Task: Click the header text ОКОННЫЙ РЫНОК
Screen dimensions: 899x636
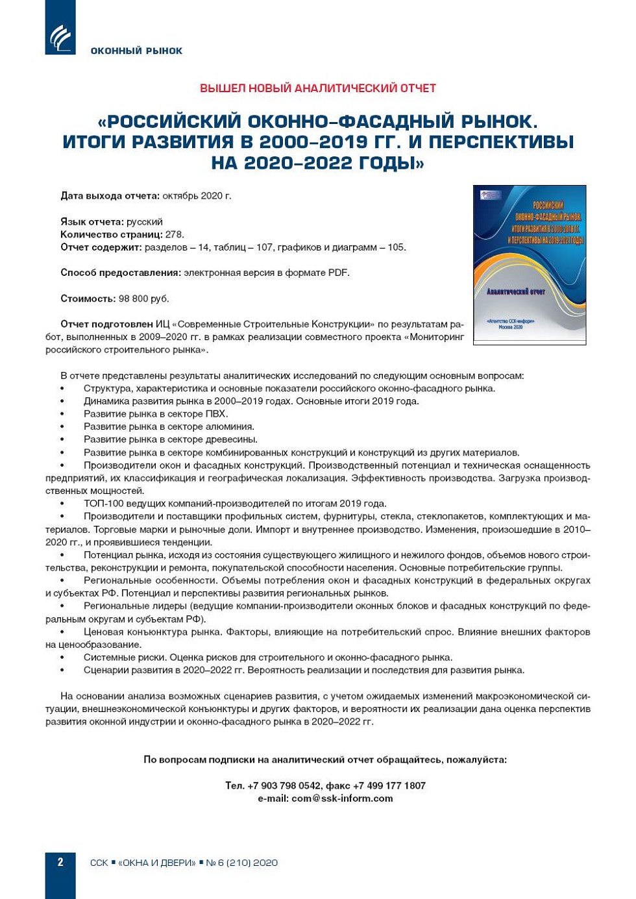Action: click(x=136, y=51)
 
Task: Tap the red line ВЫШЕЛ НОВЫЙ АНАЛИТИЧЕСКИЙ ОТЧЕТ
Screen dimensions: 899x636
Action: click(x=317, y=88)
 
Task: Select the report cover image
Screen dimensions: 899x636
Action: click(x=530, y=264)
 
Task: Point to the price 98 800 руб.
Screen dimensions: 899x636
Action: click(x=143, y=299)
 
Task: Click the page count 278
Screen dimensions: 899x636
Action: click(x=174, y=234)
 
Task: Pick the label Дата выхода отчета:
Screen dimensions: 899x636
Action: click(x=110, y=195)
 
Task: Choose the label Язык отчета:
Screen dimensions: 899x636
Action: click(x=92, y=221)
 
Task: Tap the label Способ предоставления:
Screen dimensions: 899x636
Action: click(x=121, y=273)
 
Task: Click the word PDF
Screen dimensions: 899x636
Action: click(x=337, y=273)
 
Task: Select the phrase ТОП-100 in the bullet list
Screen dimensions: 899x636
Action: click(x=103, y=503)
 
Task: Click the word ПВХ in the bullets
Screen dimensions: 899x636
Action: click(x=216, y=413)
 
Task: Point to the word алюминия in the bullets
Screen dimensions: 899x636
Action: click(x=230, y=426)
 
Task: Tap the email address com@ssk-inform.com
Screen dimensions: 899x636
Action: click(x=342, y=798)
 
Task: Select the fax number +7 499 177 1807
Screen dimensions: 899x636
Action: click(x=389, y=785)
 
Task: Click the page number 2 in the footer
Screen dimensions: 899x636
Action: click(x=60, y=862)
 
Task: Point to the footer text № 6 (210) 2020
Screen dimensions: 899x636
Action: click(x=241, y=863)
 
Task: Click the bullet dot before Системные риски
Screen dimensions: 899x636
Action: click(x=62, y=658)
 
